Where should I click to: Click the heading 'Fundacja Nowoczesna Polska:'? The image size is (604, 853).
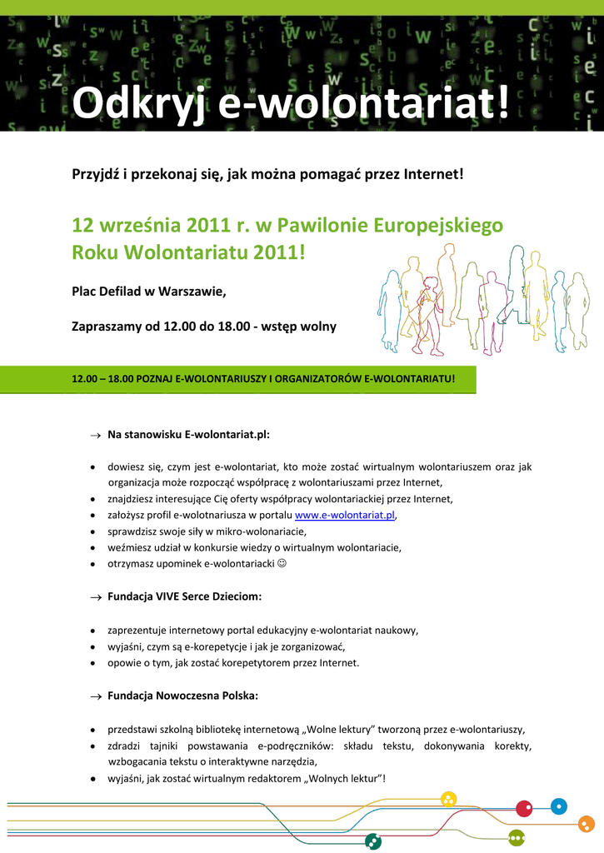pyautogui.click(x=182, y=696)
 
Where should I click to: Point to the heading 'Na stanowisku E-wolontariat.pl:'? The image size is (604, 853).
pyautogui.click(x=188, y=435)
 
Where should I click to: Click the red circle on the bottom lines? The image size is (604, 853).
pyautogui.click(x=524, y=808)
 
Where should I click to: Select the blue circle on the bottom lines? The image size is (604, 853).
pyautogui.click(x=559, y=806)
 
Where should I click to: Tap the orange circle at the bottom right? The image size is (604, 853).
pyautogui.click(x=587, y=824)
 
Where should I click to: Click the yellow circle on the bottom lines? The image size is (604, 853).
pyautogui.click(x=449, y=800)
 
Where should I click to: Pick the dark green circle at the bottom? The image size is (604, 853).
pyautogui.click(x=373, y=841)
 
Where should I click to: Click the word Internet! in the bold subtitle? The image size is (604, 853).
pyautogui.click(x=428, y=175)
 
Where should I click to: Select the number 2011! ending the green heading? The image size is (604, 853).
pyautogui.click(x=279, y=252)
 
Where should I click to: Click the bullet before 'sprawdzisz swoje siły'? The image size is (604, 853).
pyautogui.click(x=92, y=531)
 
